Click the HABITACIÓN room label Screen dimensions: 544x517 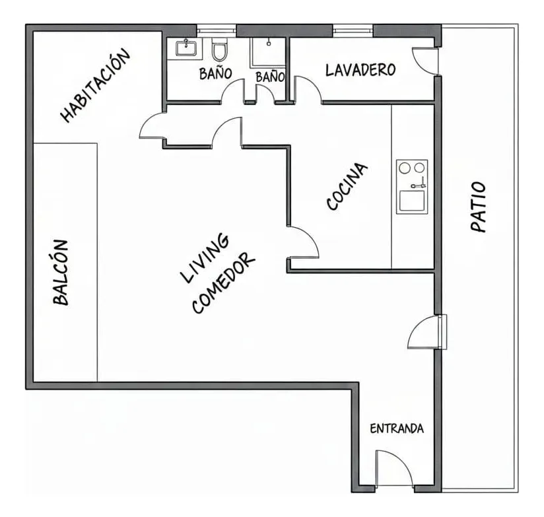[x=96, y=85]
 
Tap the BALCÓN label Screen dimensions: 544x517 [x=61, y=273]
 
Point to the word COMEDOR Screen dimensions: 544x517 [x=223, y=283]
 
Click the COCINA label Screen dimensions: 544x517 [x=347, y=186]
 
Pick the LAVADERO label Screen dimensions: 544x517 [x=360, y=70]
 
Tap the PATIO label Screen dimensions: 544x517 [x=478, y=207]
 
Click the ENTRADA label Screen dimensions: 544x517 [x=397, y=429]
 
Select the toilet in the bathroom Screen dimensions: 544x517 [x=219, y=50]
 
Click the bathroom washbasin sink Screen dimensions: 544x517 [x=186, y=48]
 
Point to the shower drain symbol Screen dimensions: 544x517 [x=269, y=44]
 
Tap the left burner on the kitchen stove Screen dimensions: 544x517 [x=405, y=168]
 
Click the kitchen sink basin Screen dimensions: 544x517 [x=412, y=201]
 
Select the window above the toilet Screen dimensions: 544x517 [x=217, y=30]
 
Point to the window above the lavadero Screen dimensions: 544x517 [x=353, y=30]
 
